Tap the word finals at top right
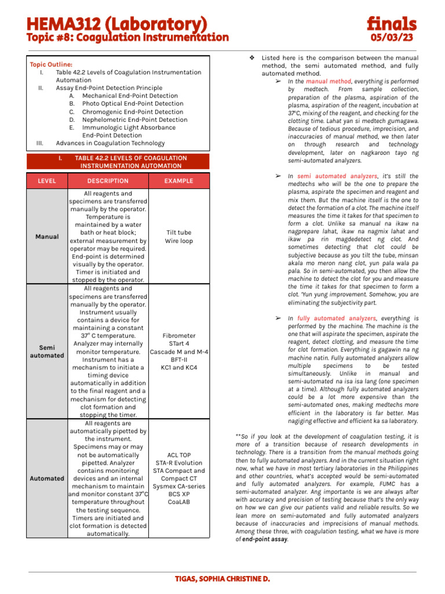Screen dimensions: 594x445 [391, 24]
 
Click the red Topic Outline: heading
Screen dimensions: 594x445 [52, 64]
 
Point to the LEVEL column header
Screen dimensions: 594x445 [47, 180]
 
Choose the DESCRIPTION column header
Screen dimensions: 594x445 [108, 180]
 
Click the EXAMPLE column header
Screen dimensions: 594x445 [178, 180]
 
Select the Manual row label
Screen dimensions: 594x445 [47, 237]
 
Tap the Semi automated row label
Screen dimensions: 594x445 [47, 352]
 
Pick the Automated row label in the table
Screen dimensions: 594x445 [47, 479]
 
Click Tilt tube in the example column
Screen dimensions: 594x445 [178, 233]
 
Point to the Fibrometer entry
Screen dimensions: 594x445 [178, 335]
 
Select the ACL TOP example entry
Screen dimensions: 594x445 [178, 455]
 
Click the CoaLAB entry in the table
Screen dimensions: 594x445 [178, 502]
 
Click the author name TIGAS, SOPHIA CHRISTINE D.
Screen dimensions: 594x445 [222, 579]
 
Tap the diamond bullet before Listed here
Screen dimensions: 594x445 [252, 58]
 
